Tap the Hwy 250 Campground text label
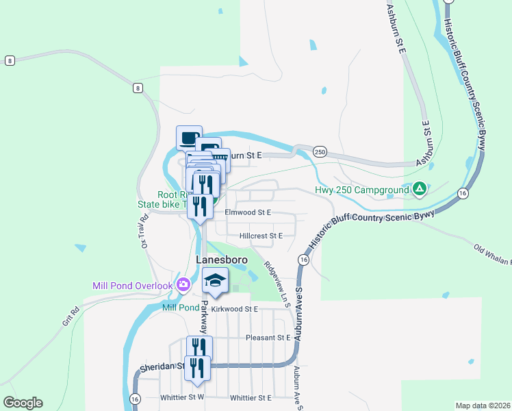pos(361,190)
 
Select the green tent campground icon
pos(420,188)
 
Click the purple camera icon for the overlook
pos(183,284)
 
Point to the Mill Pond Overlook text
pos(133,285)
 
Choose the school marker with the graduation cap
pos(216,280)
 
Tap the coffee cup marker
pos(189,136)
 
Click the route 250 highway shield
pos(319,151)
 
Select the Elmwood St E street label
pos(248,213)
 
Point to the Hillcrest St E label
pos(261,236)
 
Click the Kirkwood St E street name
pos(234,310)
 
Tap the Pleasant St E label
pos(268,338)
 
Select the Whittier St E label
pos(251,397)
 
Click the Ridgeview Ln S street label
pos(277,281)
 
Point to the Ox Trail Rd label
pos(144,232)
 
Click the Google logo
pos(23,403)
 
